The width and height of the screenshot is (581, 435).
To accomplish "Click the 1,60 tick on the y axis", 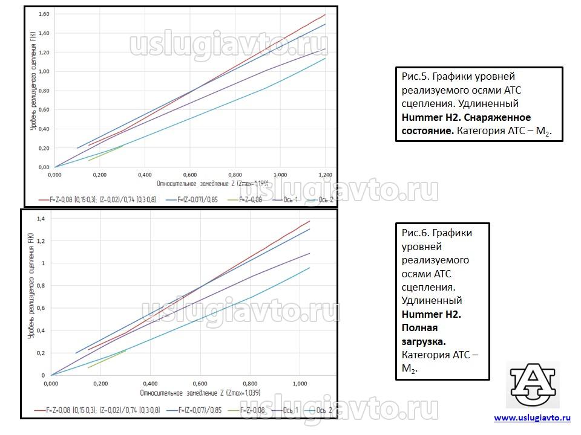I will tap(44, 14).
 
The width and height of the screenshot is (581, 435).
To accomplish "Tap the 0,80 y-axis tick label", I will tap(44, 91).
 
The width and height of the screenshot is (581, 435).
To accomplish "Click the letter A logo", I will tap(532, 385).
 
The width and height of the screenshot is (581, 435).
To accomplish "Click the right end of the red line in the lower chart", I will tap(309, 221).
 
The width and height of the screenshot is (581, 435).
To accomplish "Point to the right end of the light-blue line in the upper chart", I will tap(325, 58).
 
